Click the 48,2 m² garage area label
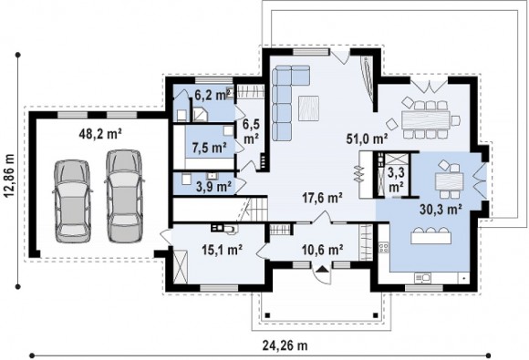pyautogui.click(x=99, y=134)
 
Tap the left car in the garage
pyautogui.click(x=73, y=201)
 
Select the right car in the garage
pyautogui.click(x=124, y=196)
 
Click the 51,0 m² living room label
pyautogui.click(x=367, y=139)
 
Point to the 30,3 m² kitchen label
pyautogui.click(x=441, y=210)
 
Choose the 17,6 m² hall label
pyautogui.click(x=322, y=198)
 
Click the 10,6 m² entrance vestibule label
pyautogui.click(x=323, y=250)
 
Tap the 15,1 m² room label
pyautogui.click(x=222, y=250)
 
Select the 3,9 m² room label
pyautogui.click(x=214, y=187)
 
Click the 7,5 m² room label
pyautogui.click(x=209, y=148)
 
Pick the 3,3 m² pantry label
pyautogui.click(x=396, y=180)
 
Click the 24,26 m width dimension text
pyautogui.click(x=285, y=345)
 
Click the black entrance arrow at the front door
pyautogui.click(x=323, y=269)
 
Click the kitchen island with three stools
pyautogui.click(x=430, y=236)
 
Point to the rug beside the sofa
pyautogui.click(x=308, y=108)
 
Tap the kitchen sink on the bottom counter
pyautogui.click(x=422, y=278)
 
